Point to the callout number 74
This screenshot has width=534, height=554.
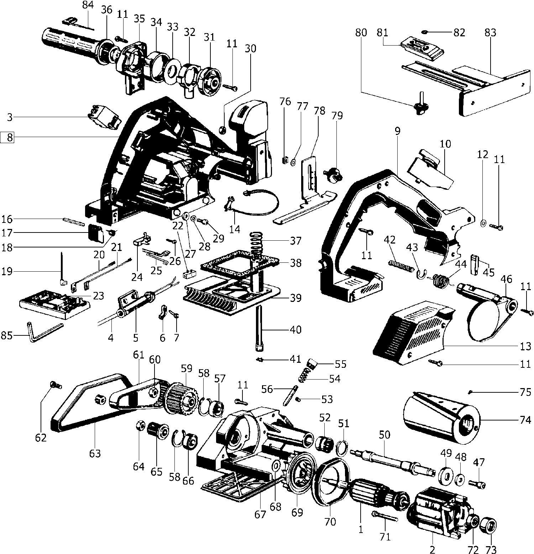click(524, 420)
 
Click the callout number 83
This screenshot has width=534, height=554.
click(490, 33)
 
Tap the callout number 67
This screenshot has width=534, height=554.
click(260, 514)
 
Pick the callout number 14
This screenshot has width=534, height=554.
click(235, 229)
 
